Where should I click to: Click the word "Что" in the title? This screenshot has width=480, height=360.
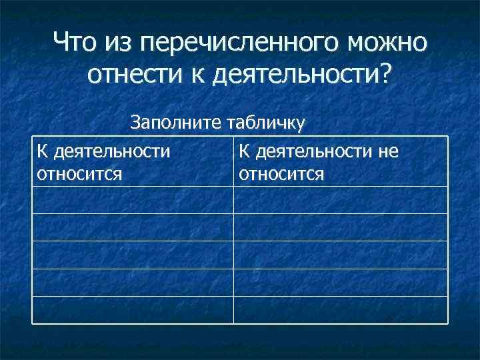pos(75,45)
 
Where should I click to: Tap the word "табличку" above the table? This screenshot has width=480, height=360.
pos(265,122)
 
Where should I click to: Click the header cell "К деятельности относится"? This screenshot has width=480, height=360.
pos(133,162)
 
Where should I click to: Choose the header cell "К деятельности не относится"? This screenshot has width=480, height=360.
pos(340,162)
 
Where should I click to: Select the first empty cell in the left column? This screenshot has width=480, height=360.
pos(133,200)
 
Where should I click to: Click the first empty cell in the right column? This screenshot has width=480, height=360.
pos(340,200)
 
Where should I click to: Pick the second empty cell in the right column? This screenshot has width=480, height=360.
pos(340,227)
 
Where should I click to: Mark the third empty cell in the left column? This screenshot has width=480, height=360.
pos(133,255)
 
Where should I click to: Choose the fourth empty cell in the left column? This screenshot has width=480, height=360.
pos(133,282)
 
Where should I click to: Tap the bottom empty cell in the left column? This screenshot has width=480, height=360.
pos(133,309)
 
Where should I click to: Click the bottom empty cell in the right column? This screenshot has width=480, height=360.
pos(340,309)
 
